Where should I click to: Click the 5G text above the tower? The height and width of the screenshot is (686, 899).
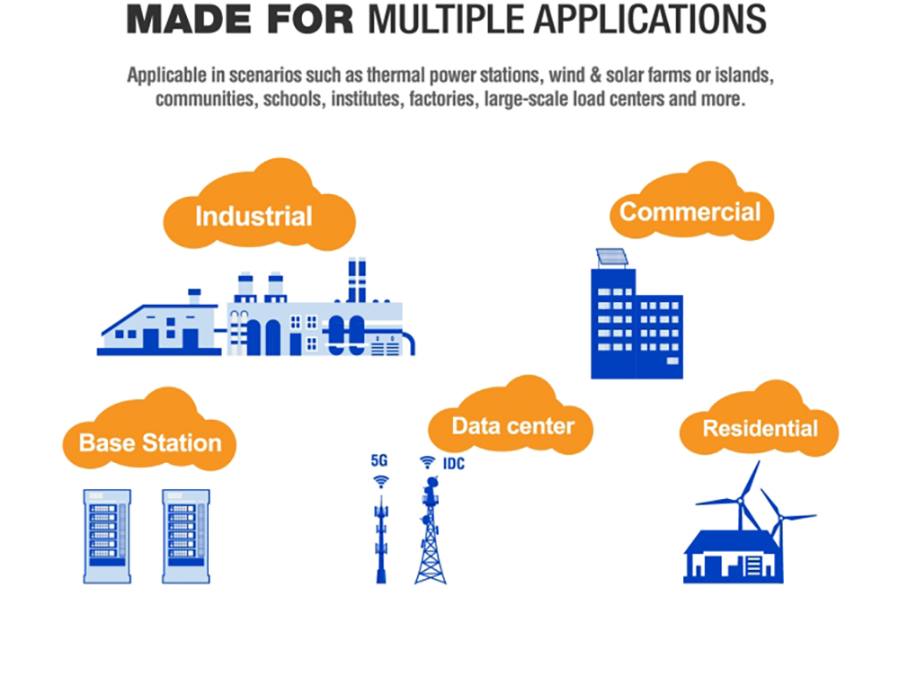[x=379, y=460]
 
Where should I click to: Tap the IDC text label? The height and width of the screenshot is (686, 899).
[x=453, y=463]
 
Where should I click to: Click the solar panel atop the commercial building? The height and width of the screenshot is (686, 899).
[x=611, y=257]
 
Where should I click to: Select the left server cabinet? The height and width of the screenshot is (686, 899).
[x=107, y=536]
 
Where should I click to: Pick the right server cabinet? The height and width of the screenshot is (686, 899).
[x=186, y=536]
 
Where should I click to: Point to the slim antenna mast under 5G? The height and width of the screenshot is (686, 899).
[x=381, y=539]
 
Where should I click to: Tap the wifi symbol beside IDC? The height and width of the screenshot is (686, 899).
[x=427, y=462]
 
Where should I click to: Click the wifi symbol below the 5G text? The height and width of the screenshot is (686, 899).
[x=381, y=481]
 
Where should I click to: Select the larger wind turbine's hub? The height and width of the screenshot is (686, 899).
[x=740, y=501]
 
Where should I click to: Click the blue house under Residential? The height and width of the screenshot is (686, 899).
[x=734, y=557]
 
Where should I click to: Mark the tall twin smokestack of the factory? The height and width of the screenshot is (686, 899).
[x=357, y=281]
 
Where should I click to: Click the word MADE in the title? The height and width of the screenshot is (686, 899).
[x=189, y=20]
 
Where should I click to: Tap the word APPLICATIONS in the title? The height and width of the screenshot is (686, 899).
[x=650, y=20]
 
